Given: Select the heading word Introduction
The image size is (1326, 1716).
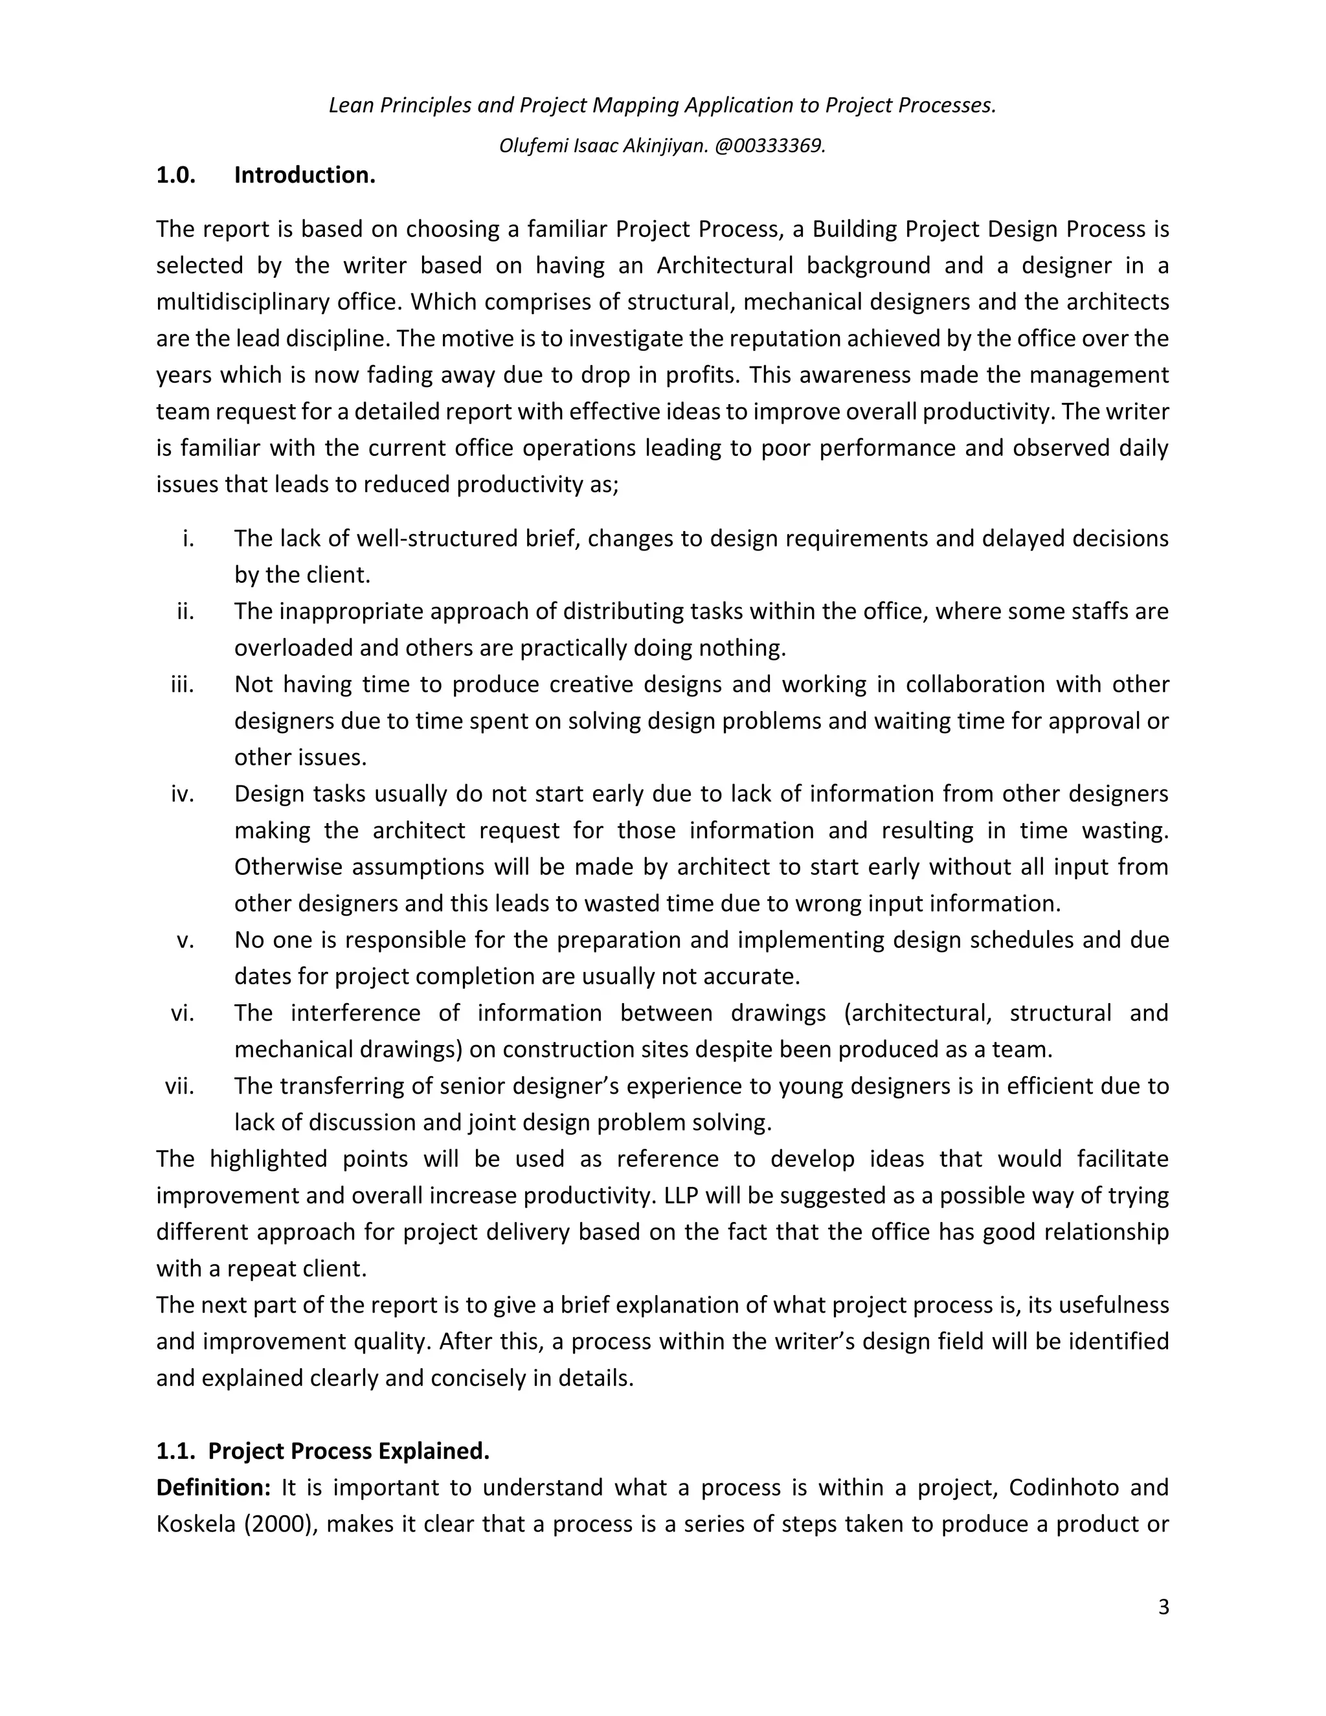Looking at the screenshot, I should (304, 175).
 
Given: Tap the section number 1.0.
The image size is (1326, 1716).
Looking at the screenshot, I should (175, 175).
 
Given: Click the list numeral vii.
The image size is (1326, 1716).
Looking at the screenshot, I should (179, 1087).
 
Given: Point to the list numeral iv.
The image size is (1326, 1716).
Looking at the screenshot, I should (181, 795).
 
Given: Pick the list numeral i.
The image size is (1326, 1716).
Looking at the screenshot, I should (188, 539).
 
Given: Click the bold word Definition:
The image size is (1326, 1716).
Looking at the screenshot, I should (213, 1487).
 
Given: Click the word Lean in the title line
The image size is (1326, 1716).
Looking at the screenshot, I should (351, 106).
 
